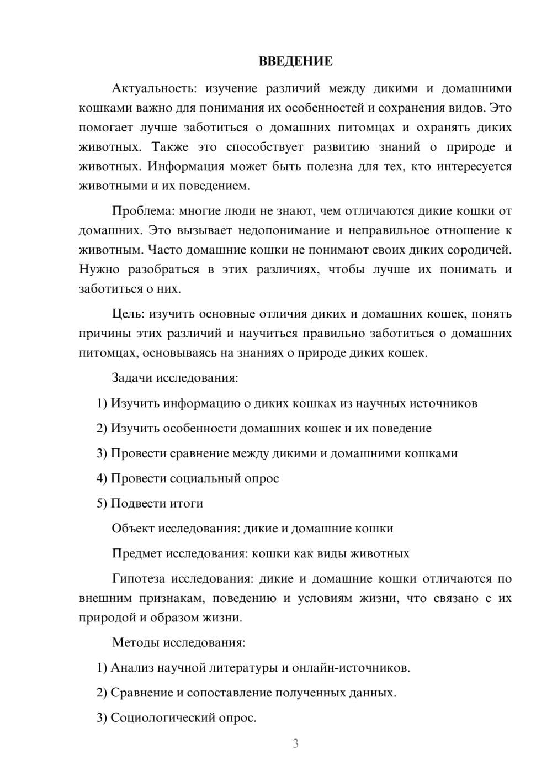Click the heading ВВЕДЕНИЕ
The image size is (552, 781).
click(295, 61)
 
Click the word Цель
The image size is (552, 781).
click(128, 314)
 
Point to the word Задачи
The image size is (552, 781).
click(132, 378)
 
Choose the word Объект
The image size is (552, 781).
click(133, 528)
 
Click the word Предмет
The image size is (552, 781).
click(137, 553)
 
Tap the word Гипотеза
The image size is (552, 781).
click(138, 579)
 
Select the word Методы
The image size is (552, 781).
click(133, 642)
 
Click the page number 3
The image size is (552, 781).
click(295, 743)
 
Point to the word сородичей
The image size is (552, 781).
click(480, 250)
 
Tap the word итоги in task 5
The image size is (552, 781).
click(185, 503)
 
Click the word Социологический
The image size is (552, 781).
click(156, 718)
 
